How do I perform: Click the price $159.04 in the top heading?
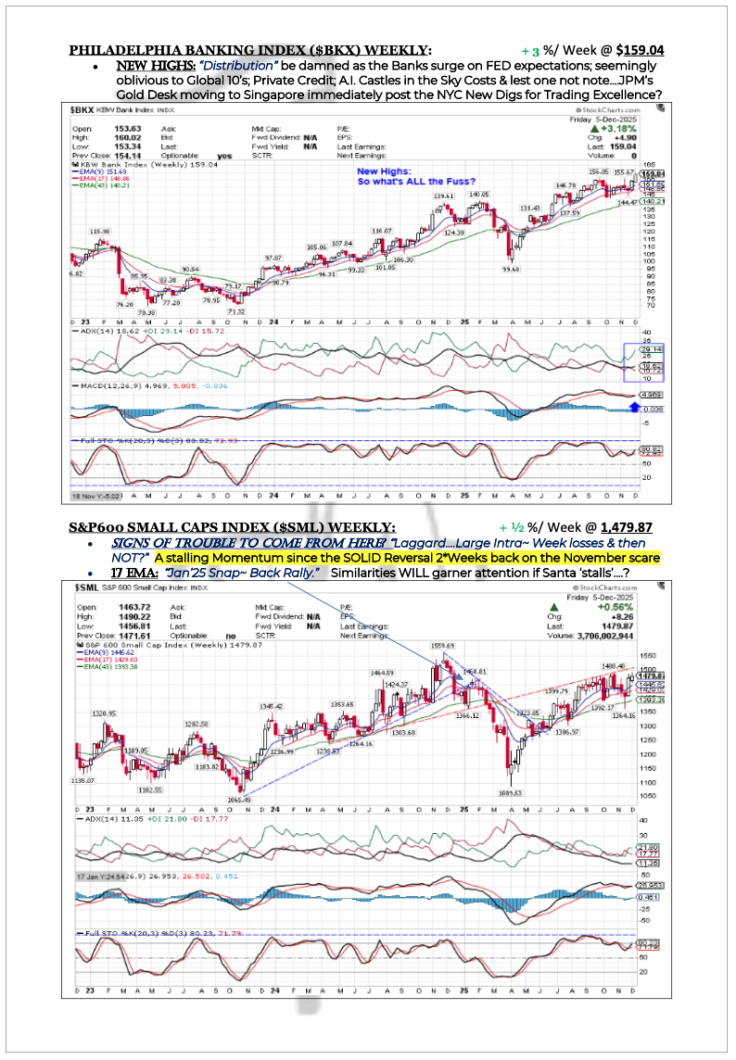tap(650, 49)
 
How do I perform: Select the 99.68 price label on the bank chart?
tap(512, 269)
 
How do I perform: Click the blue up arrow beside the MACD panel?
tap(633, 405)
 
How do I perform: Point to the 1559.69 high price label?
tap(441, 645)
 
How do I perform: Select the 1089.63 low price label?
tap(512, 792)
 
